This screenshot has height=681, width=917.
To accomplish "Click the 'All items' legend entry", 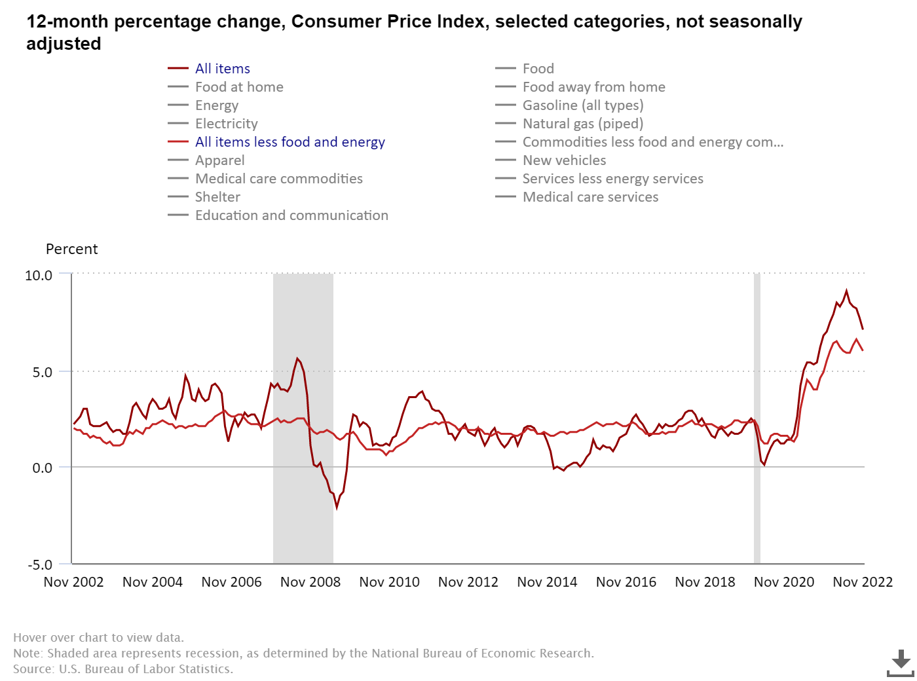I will (x=222, y=69).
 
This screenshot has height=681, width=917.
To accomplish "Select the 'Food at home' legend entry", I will (x=239, y=87).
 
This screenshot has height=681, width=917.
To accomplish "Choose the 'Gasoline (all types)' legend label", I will (x=582, y=105).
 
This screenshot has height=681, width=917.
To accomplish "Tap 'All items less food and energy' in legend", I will (x=290, y=142).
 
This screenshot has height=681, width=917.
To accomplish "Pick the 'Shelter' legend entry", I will (x=217, y=197).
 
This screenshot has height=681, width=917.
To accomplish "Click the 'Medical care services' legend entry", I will (x=590, y=197).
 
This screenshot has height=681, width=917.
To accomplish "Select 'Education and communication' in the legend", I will (x=291, y=215).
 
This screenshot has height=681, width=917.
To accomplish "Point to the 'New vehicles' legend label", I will (x=564, y=160).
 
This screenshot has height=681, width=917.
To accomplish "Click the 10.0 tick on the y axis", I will (x=39, y=276).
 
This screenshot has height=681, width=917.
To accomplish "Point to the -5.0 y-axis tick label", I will (x=39, y=564).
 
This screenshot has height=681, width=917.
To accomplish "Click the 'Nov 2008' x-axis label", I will (x=310, y=582).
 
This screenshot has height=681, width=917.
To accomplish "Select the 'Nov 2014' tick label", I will (x=547, y=582).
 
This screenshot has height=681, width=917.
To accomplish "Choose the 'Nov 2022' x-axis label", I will (x=863, y=582).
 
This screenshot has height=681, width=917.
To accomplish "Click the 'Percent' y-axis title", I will (x=71, y=249).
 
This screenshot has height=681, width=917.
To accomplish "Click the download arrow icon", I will (x=901, y=661).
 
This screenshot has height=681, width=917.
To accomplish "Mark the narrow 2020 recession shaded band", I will (x=757, y=419).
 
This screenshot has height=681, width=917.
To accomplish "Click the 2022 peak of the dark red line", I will (x=846, y=291).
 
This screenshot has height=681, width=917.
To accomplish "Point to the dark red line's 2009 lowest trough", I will (x=337, y=507).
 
